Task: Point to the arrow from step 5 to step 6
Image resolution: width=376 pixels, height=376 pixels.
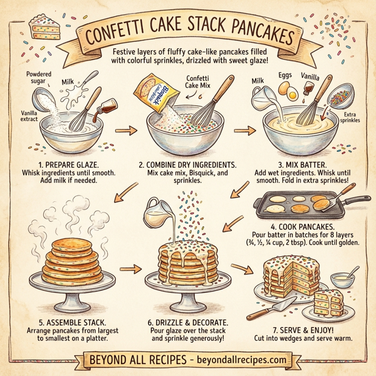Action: [128, 269]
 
